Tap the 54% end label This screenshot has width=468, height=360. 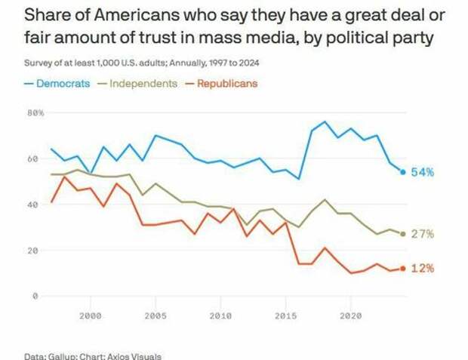click(x=422, y=172)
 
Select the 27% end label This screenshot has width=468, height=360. click(x=422, y=234)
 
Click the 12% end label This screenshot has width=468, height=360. click(x=422, y=269)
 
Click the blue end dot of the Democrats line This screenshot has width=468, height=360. click(x=403, y=172)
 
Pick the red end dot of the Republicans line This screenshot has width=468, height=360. click(x=403, y=269)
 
